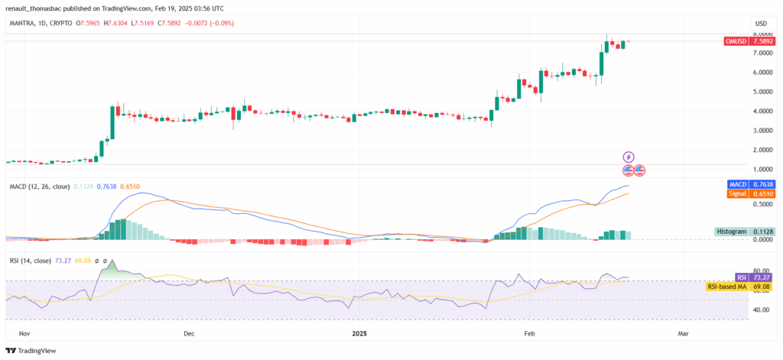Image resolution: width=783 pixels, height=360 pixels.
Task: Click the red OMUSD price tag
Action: (741, 41)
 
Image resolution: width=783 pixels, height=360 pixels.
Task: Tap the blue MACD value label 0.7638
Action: (741, 184)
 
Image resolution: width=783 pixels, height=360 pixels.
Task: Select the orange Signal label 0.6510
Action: (741, 194)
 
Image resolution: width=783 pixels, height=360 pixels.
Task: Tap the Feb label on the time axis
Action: (528, 333)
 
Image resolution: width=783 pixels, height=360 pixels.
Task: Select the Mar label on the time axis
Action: (684, 333)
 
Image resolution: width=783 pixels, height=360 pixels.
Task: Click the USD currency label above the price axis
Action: (761, 24)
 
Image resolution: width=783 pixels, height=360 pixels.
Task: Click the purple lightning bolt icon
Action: (629, 157)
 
